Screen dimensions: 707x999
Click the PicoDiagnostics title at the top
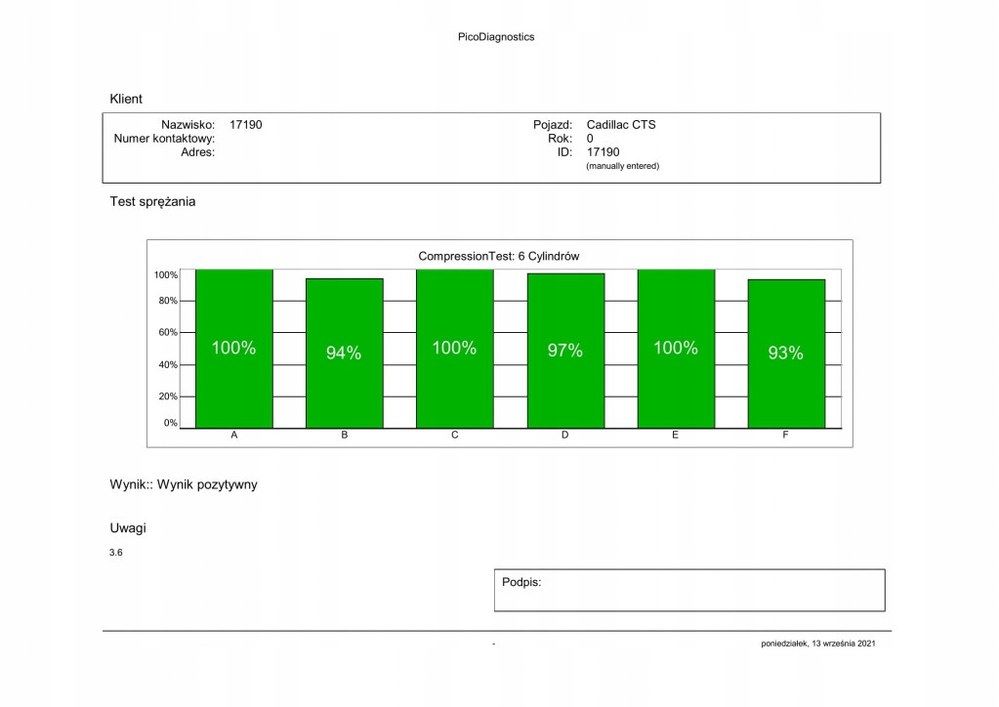[x=495, y=37]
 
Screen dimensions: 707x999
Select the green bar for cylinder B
[x=344, y=391]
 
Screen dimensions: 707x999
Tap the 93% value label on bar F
[x=785, y=353]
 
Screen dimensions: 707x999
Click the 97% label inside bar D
[x=564, y=351]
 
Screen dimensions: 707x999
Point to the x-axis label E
[x=675, y=436]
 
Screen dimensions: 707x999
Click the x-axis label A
[x=233, y=436]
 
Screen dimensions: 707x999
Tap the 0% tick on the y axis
[x=170, y=423]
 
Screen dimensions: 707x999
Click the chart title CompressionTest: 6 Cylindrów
[x=499, y=256]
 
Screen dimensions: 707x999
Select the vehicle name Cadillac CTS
[x=621, y=125]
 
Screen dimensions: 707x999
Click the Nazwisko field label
[x=187, y=125]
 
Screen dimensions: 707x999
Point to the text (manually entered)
[x=622, y=166]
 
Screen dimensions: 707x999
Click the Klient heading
[x=126, y=99]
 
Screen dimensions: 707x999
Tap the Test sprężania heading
[x=152, y=202]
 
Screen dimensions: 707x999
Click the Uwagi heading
[x=128, y=527]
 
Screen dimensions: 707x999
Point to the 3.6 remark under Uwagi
[x=116, y=553]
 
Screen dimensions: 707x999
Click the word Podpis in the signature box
[x=521, y=582]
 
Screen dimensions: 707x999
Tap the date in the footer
[x=825, y=644]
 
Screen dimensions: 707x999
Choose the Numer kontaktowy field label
[x=164, y=139]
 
